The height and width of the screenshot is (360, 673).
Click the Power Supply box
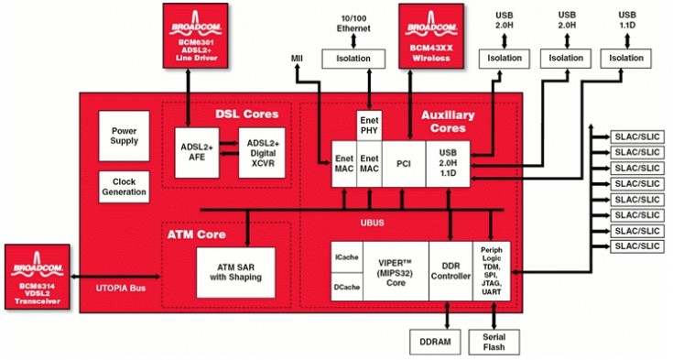click(x=124, y=136)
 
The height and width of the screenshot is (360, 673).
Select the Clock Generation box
click(x=124, y=188)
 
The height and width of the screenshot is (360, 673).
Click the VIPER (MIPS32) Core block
click(x=396, y=271)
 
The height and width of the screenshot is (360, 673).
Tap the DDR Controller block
click(x=450, y=271)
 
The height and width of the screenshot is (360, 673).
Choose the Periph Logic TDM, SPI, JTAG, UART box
click(x=491, y=271)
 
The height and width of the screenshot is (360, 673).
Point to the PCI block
click(x=404, y=166)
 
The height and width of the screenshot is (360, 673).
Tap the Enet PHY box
click(x=368, y=128)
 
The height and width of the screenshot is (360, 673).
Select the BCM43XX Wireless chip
click(x=430, y=35)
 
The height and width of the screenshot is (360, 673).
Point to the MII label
click(x=297, y=60)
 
